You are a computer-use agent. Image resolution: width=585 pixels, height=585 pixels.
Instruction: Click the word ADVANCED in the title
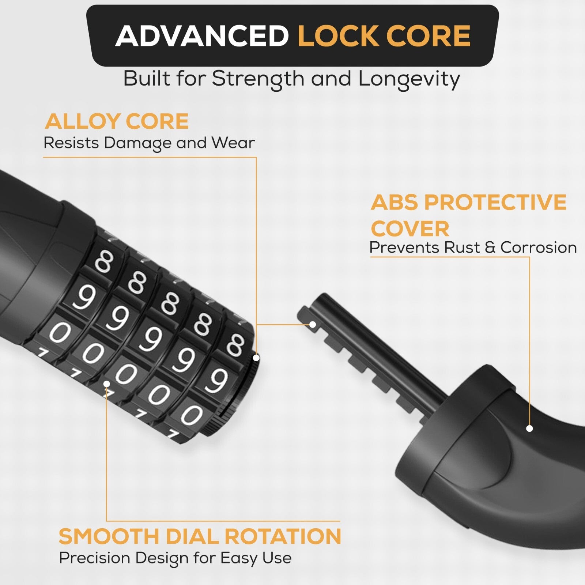(202, 36)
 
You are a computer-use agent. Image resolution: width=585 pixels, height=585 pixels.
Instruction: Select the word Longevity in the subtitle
(409, 79)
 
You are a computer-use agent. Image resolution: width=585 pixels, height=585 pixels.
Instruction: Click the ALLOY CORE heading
(117, 121)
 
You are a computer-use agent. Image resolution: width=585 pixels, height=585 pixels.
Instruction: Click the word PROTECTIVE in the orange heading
(495, 202)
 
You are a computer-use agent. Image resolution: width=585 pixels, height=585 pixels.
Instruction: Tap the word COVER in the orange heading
(410, 229)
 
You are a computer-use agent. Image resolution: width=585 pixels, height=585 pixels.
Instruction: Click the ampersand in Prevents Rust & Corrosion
(490, 248)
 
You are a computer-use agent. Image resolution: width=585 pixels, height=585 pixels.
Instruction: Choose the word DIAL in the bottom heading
(193, 536)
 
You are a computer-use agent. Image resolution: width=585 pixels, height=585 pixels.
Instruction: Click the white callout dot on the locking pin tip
(313, 324)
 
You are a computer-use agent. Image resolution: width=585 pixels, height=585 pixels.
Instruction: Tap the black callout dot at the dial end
(256, 358)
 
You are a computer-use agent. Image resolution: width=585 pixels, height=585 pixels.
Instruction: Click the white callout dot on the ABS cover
(529, 428)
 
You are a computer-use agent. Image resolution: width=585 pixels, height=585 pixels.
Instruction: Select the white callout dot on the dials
(106, 384)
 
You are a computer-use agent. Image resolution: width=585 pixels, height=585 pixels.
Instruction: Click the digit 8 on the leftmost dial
(104, 263)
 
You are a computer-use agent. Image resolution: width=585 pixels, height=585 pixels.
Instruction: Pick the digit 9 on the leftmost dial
(84, 297)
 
